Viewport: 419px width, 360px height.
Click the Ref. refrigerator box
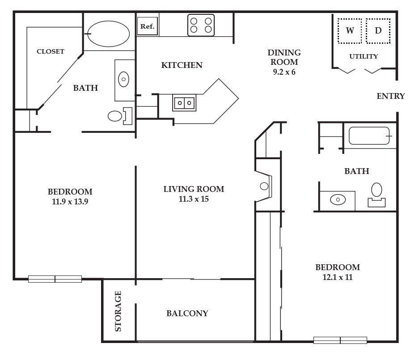147,26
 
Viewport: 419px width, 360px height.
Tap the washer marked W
350,31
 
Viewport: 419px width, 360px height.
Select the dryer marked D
378,31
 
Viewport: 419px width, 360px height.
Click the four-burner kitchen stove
201,25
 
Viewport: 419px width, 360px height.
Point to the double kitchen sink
184,102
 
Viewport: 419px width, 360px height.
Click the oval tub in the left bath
109,34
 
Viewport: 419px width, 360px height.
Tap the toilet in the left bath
120,116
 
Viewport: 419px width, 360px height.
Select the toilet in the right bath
377,195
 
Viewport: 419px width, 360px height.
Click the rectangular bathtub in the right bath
369,136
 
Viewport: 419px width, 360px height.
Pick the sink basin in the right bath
338,199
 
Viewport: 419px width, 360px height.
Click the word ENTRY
391,96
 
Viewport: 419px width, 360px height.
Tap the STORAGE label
118,311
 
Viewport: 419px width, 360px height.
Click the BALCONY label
187,313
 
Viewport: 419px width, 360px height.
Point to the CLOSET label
51,51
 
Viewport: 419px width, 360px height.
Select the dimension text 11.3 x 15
194,199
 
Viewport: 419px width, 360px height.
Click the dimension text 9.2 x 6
284,72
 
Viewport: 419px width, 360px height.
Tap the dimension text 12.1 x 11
338,277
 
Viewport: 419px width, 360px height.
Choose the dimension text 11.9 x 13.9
70,202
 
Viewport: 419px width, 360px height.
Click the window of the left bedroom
55,279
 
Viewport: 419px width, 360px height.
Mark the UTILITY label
364,56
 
